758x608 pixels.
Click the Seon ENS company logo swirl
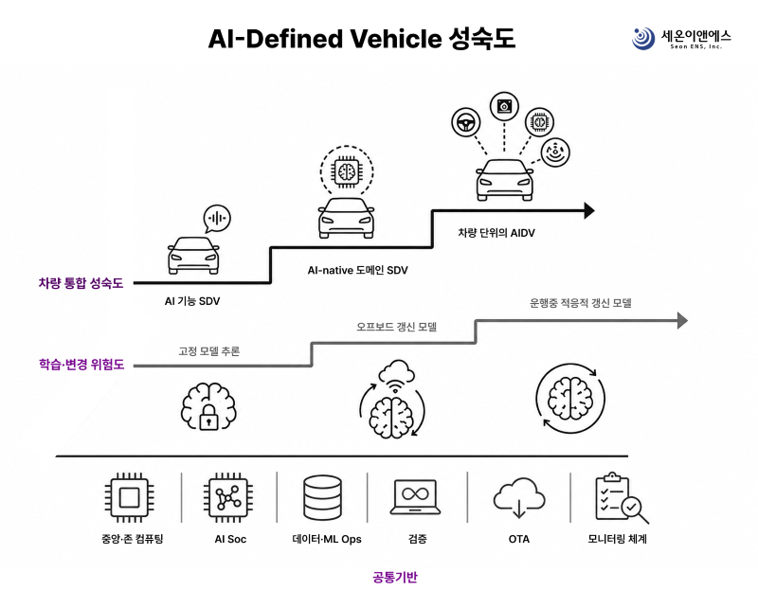(x=643, y=38)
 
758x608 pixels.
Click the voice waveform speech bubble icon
(x=217, y=219)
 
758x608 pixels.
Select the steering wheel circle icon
(x=466, y=122)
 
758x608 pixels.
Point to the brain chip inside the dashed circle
(x=347, y=171)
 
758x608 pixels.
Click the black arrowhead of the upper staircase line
(x=589, y=211)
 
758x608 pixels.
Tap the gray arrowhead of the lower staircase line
(x=682, y=320)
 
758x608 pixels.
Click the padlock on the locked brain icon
(x=208, y=417)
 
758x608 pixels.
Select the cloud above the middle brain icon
(x=396, y=372)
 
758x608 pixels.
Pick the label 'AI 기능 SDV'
(x=192, y=301)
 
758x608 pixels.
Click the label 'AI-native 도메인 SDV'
(x=358, y=270)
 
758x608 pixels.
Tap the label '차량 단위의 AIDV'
(x=496, y=233)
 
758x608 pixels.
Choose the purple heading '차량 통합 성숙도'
(x=81, y=283)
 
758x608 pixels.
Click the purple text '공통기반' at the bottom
(x=395, y=577)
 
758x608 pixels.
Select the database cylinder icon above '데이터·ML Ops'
(x=322, y=498)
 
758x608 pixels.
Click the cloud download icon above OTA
(x=519, y=498)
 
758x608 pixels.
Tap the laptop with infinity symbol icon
(x=416, y=497)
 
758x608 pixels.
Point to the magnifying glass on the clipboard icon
(x=634, y=510)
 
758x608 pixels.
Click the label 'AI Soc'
(x=230, y=539)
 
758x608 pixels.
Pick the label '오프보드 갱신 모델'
(x=396, y=327)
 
